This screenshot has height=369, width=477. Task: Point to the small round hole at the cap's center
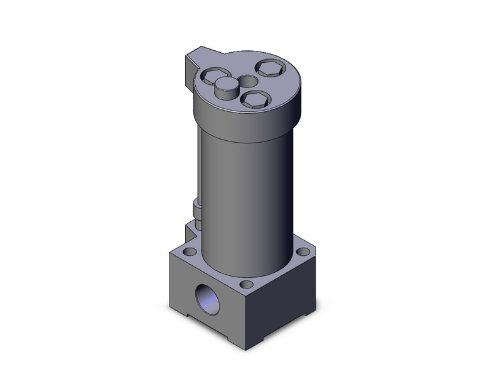247,82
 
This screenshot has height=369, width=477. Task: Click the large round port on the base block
206,295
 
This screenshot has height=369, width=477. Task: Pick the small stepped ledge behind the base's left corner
188,229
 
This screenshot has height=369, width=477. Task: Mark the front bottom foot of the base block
245,339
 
